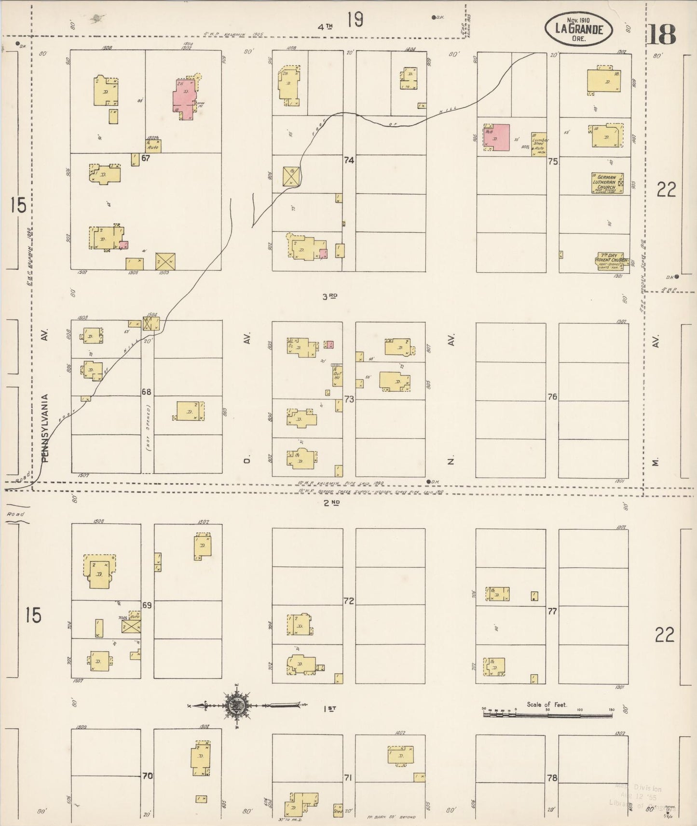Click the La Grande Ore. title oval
[579, 29]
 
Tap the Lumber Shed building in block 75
[539, 143]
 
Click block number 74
[349, 160]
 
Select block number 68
[147, 392]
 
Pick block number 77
[552, 611]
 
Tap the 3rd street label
[330, 297]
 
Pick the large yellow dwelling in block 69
[100, 571]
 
